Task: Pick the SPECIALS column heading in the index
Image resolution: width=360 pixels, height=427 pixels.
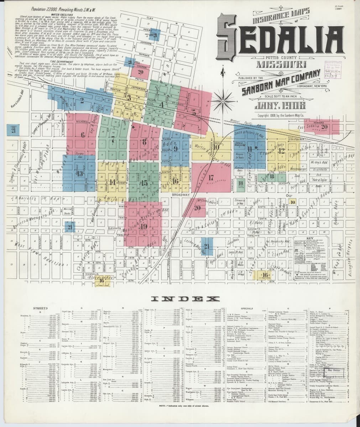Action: coord(246,308)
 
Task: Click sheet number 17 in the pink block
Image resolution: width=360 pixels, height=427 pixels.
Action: coord(211,177)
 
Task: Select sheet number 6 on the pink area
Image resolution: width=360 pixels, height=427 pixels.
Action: coord(83,135)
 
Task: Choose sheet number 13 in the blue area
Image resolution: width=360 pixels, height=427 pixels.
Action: coord(80,173)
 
